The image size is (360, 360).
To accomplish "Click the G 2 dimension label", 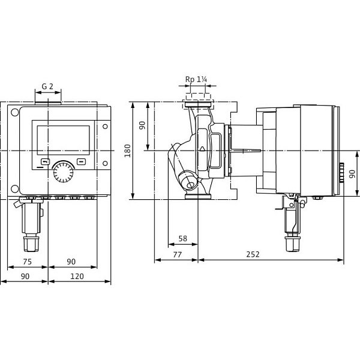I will [x=47, y=86].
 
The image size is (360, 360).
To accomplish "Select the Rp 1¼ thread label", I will [x=196, y=80].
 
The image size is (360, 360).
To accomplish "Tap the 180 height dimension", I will [x=127, y=150].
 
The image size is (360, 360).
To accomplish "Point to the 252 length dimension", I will [x=253, y=254].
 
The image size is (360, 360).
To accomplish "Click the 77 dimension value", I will [x=177, y=254].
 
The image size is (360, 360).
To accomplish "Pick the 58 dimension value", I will [x=183, y=239].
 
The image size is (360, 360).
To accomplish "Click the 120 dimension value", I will [x=77, y=276].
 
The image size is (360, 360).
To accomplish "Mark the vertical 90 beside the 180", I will [x=142, y=126].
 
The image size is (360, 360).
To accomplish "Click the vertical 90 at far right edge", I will [x=351, y=174].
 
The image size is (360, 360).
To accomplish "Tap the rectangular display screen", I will [x=63, y=140].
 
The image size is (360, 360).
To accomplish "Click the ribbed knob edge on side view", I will [x=342, y=170].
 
